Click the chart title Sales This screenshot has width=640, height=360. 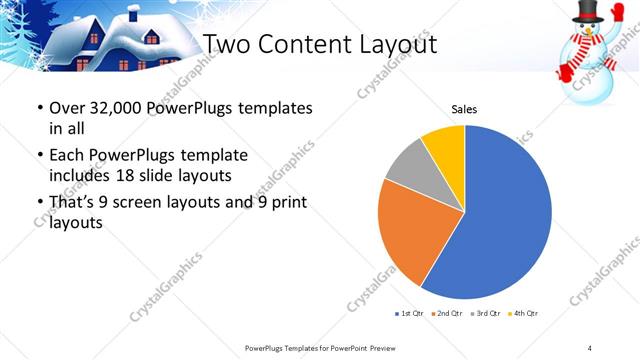pyautogui.click(x=464, y=108)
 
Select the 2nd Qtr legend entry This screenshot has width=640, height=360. pyautogui.click(x=446, y=314)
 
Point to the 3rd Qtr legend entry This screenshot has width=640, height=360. pyautogui.click(x=483, y=314)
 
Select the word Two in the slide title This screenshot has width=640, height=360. pyautogui.click(x=226, y=44)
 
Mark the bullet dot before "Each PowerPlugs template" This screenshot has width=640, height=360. pyautogui.click(x=39, y=157)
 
